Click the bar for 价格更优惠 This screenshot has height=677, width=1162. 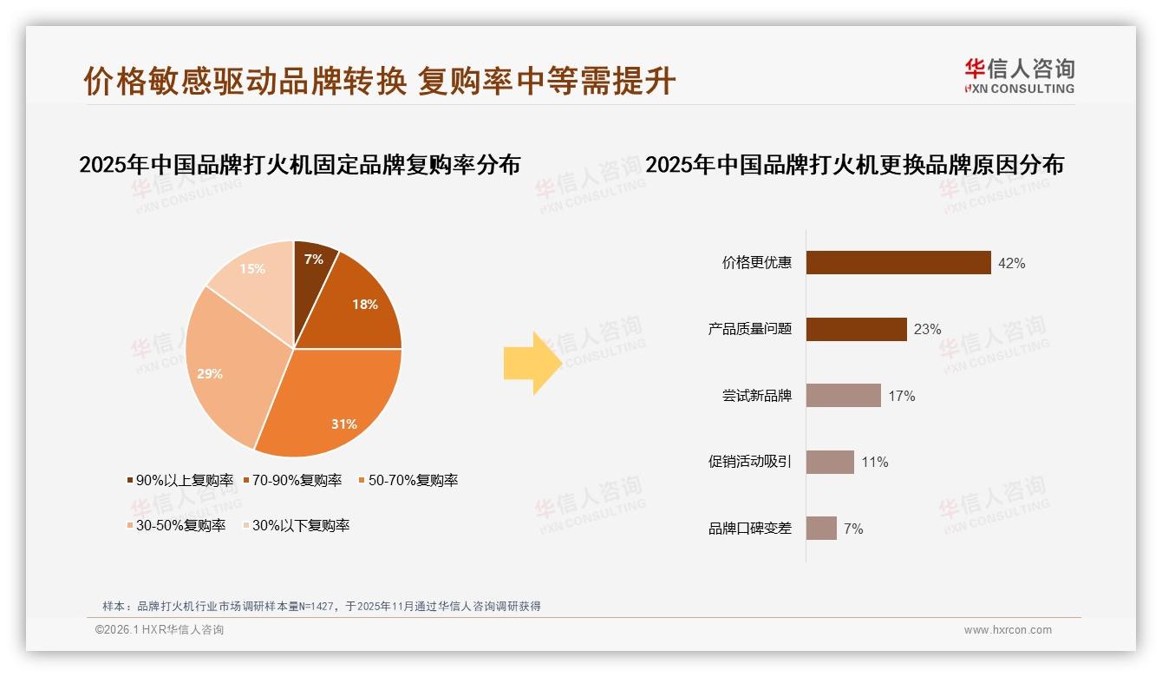[x=898, y=263]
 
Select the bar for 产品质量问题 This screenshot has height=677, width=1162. [x=856, y=329]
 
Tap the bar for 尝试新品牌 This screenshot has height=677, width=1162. [x=843, y=396]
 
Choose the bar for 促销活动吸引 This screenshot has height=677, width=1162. [x=830, y=462]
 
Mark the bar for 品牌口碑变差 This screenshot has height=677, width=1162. [x=821, y=529]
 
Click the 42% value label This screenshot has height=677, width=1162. [x=1012, y=263]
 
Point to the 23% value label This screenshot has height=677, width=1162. [x=927, y=329]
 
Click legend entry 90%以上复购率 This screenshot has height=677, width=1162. [x=180, y=480]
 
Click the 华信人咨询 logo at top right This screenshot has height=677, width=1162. [x=1019, y=76]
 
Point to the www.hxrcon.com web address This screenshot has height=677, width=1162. [x=1008, y=630]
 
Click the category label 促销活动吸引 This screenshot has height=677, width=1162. [x=750, y=462]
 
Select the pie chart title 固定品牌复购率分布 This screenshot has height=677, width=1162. [x=299, y=165]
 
